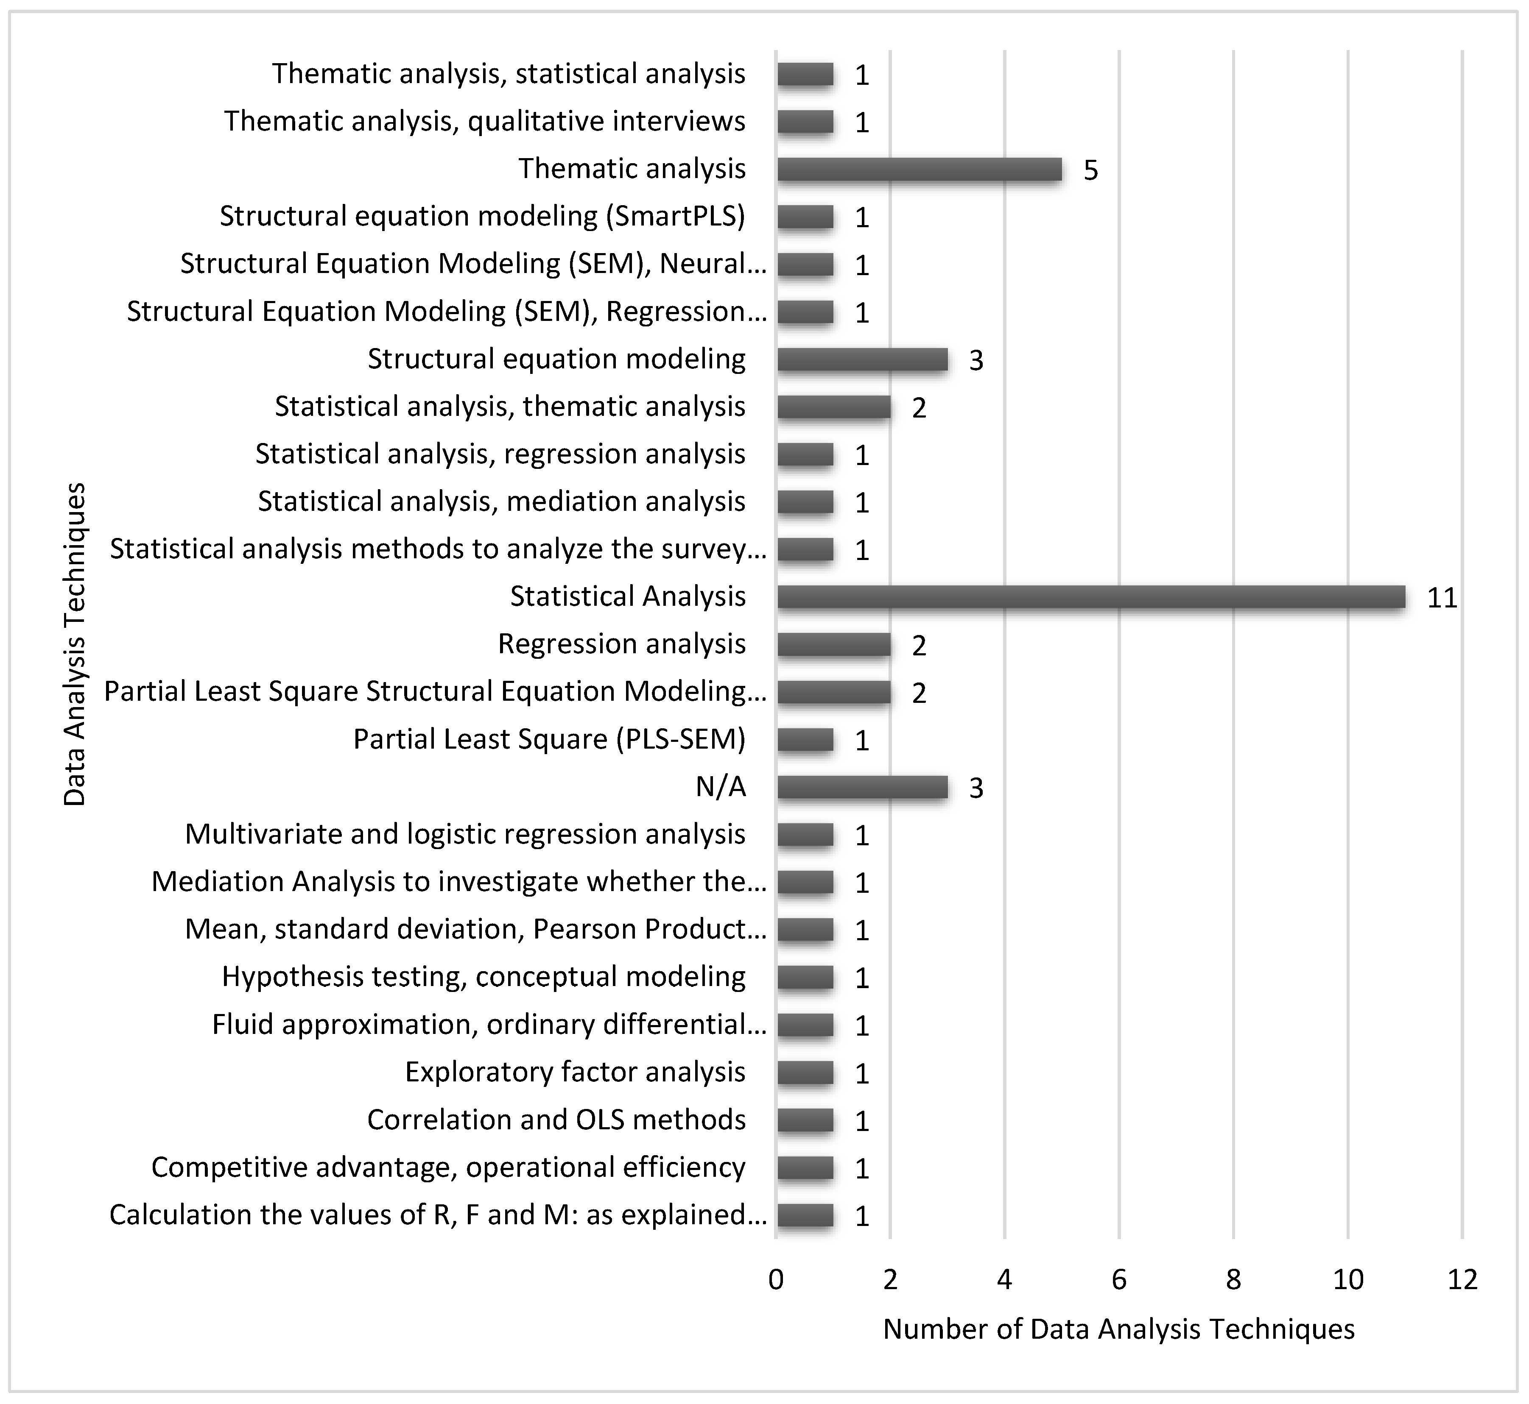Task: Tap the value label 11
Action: click(1442, 599)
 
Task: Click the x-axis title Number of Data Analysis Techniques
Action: click(1118, 1329)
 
